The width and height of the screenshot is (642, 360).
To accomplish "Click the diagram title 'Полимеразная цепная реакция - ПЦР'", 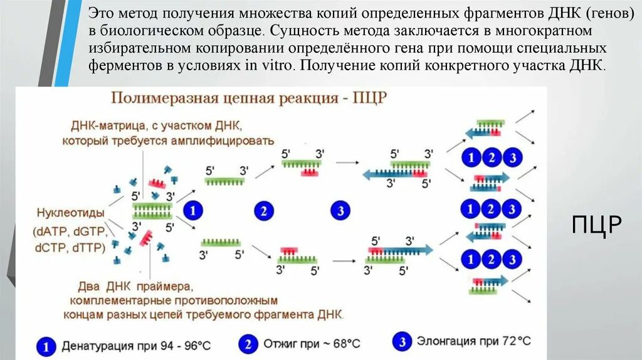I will [x=249, y=98].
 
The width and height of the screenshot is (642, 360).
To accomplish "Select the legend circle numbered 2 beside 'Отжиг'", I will [x=247, y=343].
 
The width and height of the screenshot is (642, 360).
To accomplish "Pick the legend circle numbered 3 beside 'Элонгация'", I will [x=401, y=342].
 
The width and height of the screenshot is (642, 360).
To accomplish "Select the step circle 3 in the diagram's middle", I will [x=340, y=211].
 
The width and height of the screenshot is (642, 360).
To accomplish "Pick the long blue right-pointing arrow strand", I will [x=401, y=250].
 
